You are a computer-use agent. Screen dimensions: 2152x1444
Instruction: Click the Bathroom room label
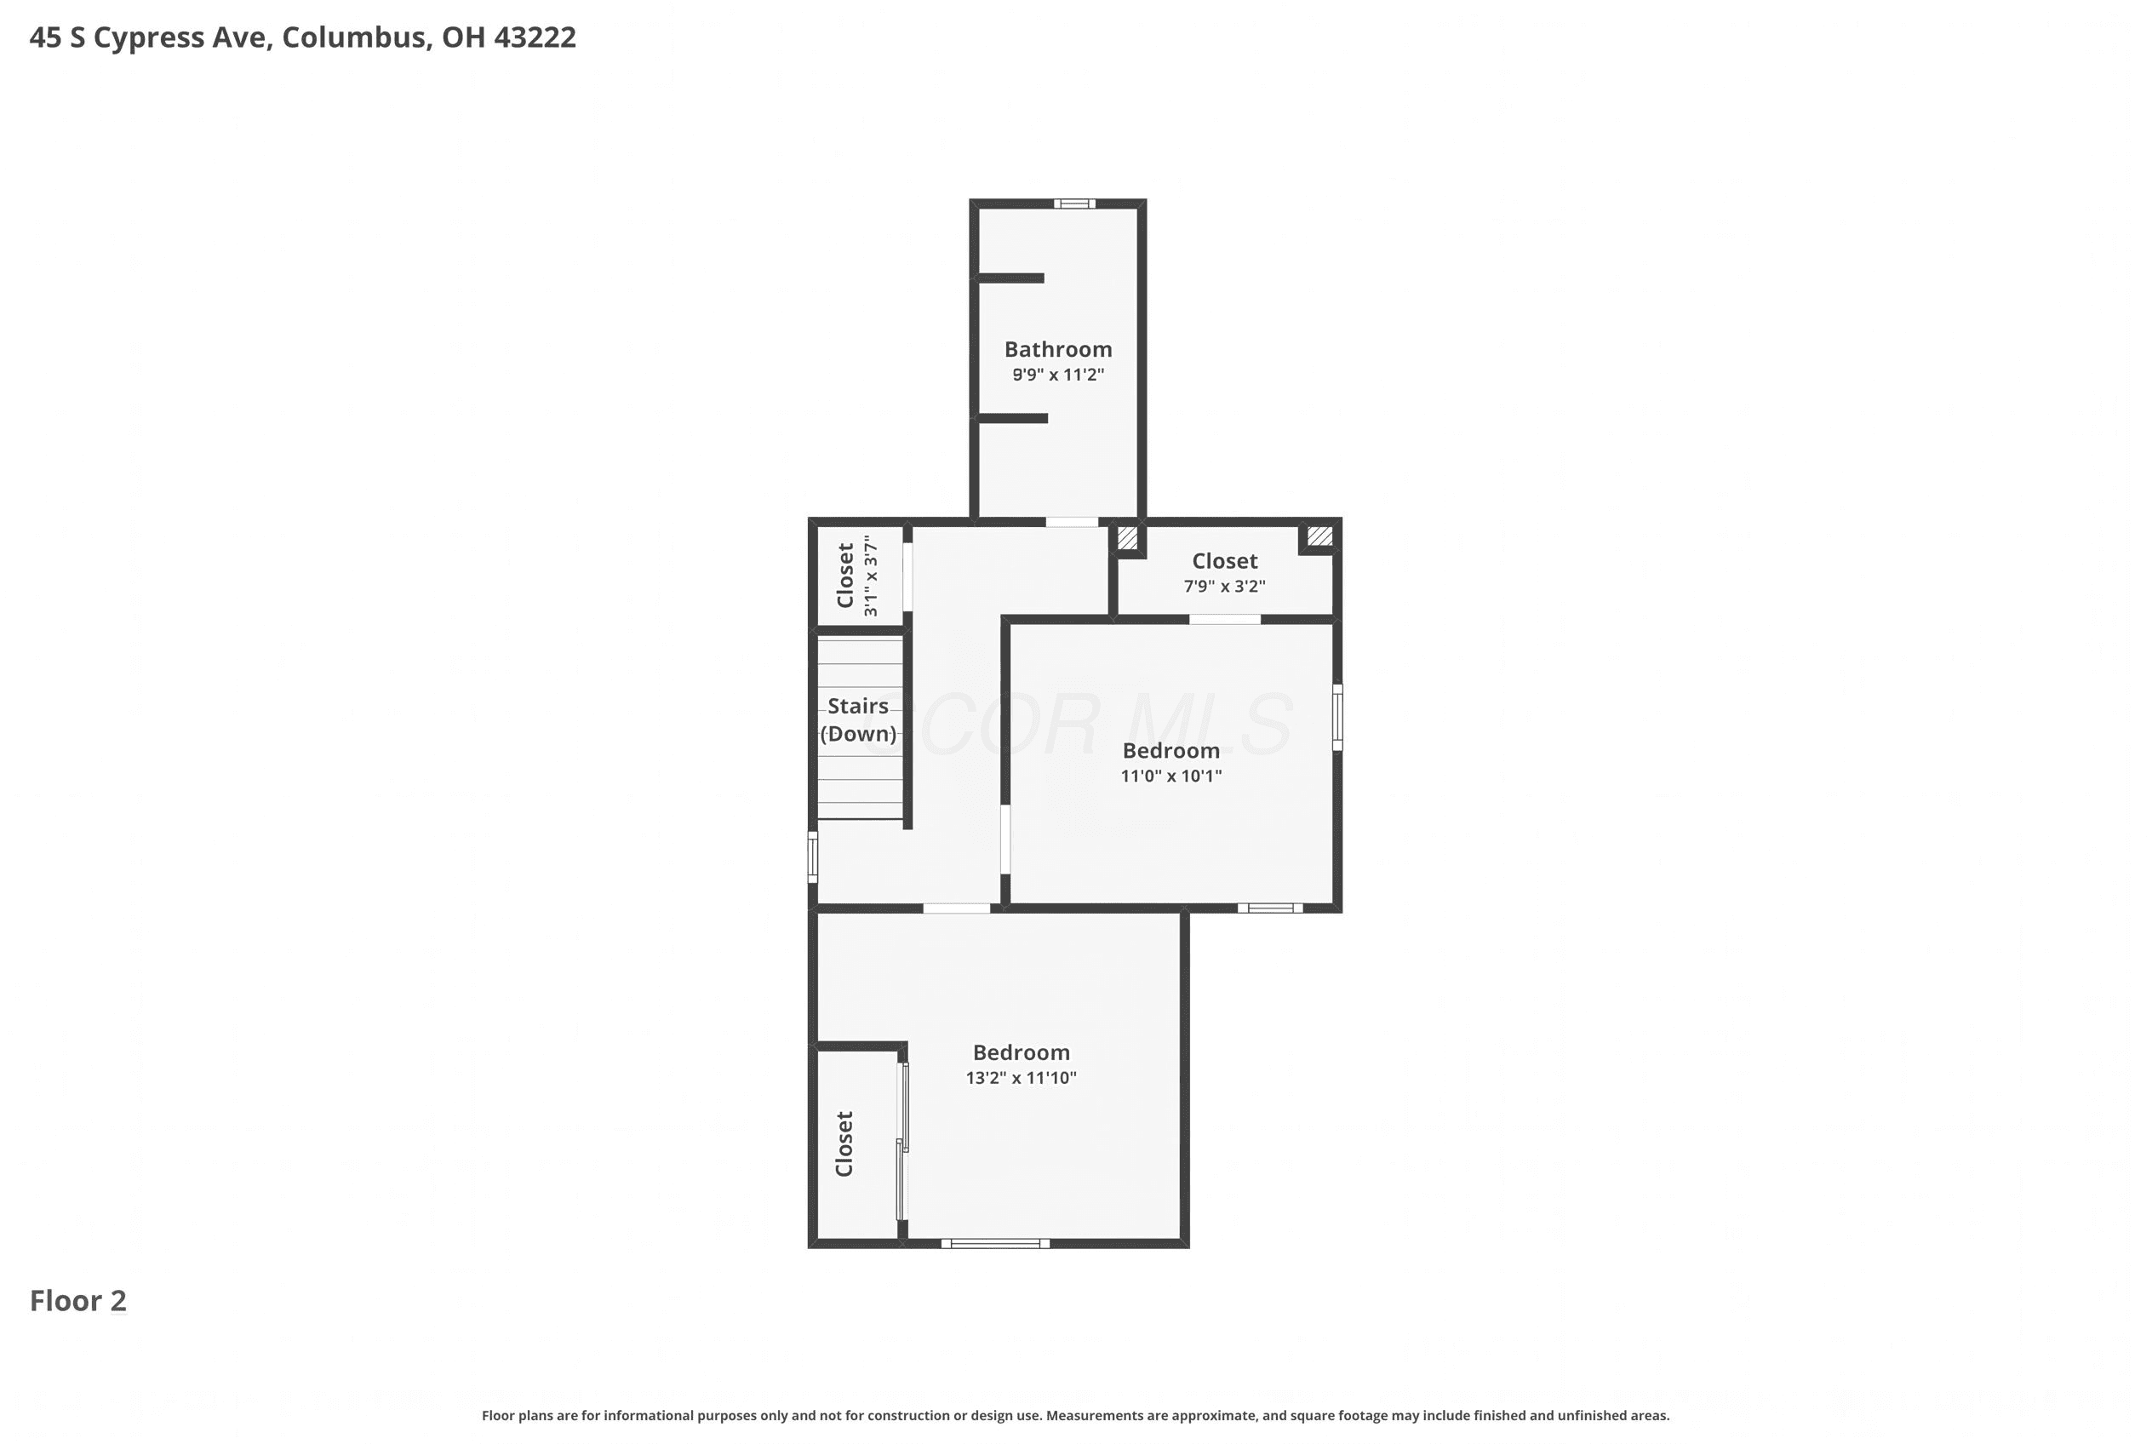click(1058, 349)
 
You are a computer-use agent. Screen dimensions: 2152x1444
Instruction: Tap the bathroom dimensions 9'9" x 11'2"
click(1058, 375)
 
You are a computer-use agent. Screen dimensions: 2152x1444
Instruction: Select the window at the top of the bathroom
click(1074, 203)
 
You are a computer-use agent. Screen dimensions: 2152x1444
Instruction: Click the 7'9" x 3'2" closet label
click(1225, 587)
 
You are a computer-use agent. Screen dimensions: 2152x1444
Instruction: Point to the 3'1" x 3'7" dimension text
click(870, 576)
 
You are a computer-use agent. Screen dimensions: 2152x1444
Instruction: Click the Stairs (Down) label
click(858, 720)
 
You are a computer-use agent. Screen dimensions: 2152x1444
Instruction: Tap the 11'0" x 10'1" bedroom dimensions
click(1171, 776)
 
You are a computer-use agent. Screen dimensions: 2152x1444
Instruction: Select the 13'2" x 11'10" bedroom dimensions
click(1022, 1079)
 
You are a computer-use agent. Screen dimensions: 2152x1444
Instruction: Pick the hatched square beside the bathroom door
click(1128, 537)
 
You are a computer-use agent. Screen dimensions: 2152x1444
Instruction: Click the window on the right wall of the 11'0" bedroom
click(1338, 718)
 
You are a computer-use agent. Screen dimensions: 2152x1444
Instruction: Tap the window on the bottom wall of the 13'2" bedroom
click(995, 1244)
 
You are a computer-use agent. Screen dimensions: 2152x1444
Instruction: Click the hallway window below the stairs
click(812, 857)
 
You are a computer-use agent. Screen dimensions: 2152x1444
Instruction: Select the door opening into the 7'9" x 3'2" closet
click(1225, 620)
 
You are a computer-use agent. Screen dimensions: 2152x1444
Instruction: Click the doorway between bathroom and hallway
click(1072, 522)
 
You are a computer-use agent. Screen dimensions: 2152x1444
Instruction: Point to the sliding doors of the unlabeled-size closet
click(902, 1142)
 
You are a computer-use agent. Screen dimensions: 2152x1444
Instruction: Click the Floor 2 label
click(78, 1300)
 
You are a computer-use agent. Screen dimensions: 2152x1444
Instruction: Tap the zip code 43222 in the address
click(535, 37)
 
